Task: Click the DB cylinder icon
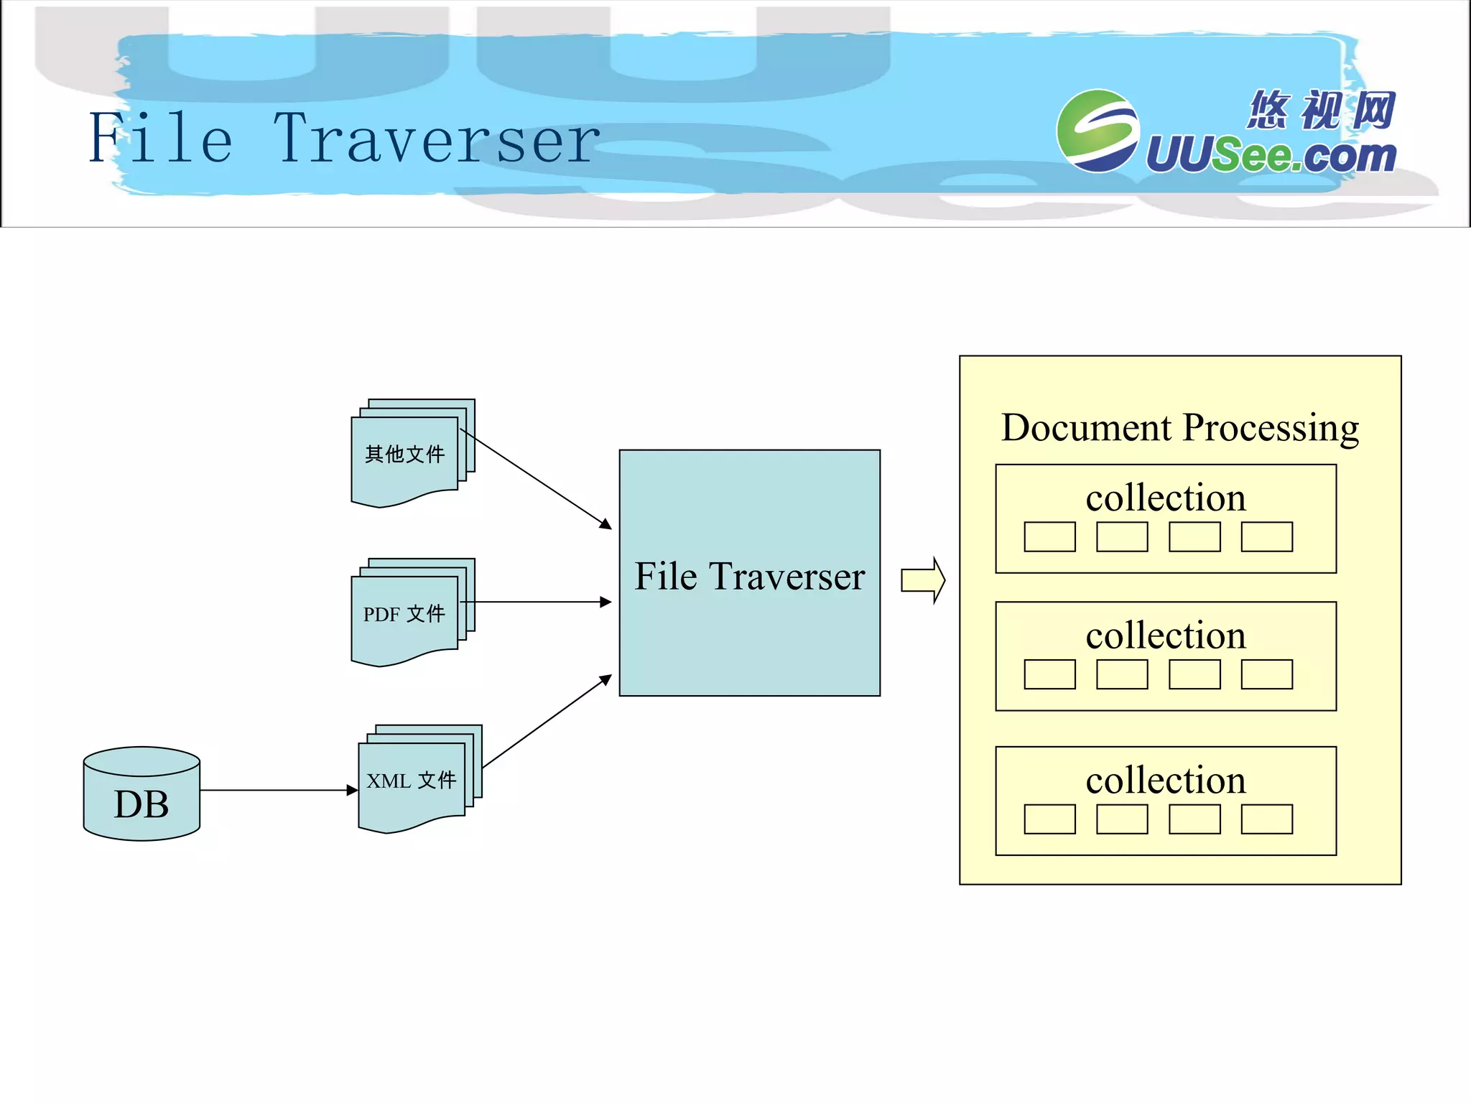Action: click(141, 794)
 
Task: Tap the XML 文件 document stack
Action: click(412, 781)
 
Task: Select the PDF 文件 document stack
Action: click(404, 615)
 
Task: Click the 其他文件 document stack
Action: click(404, 455)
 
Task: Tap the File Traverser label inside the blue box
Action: click(749, 577)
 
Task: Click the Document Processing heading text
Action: click(1180, 428)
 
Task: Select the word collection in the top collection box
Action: click(1165, 498)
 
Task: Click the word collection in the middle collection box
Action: click(1165, 636)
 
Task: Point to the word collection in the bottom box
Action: click(1165, 781)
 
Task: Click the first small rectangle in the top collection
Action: click(1049, 537)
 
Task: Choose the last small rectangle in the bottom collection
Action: click(1266, 819)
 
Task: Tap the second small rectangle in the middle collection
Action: click(1122, 675)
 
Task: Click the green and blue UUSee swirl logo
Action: click(1097, 131)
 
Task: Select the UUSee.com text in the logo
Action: click(1270, 155)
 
